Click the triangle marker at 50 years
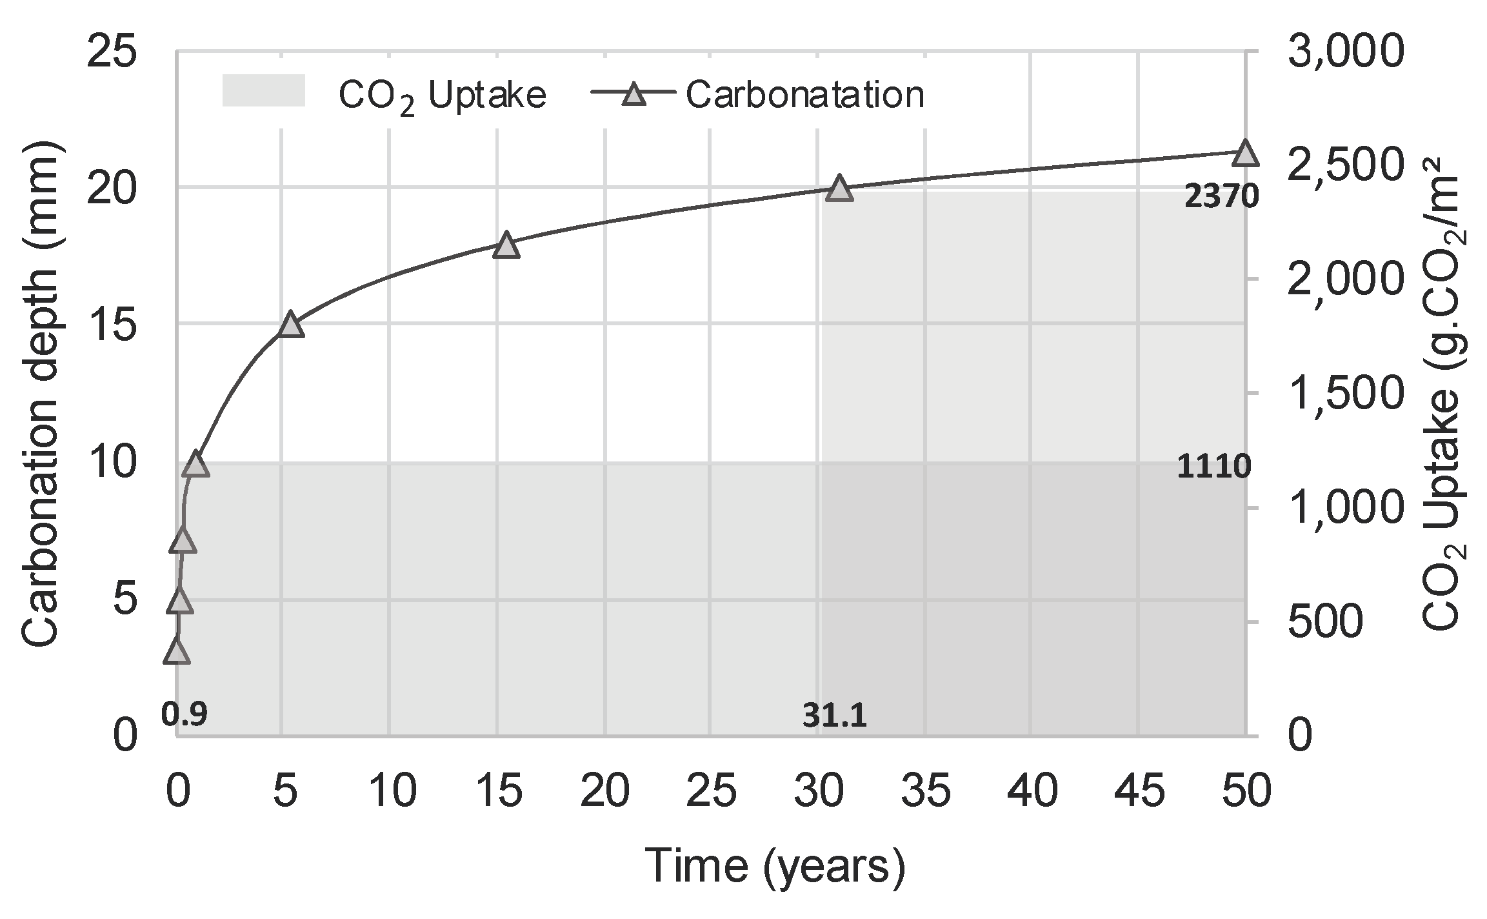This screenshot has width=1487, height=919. tap(1244, 154)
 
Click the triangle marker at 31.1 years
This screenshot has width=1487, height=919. tap(839, 188)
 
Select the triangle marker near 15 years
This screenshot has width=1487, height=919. tap(506, 246)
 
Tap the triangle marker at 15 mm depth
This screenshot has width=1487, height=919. tap(291, 325)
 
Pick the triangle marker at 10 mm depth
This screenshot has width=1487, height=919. tap(195, 465)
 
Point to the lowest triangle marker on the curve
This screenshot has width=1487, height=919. tap(177, 652)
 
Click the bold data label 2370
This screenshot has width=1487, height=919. tap(1221, 197)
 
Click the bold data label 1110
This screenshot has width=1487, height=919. tap(1213, 467)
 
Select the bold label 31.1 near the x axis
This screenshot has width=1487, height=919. tap(834, 716)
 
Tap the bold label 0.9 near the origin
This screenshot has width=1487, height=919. tap(184, 714)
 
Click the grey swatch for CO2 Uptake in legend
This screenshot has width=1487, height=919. tap(263, 90)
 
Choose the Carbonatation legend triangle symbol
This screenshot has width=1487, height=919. tap(634, 94)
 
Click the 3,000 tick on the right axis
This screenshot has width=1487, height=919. tap(1345, 52)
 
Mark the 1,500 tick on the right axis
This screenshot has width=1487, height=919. tap(1345, 394)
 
